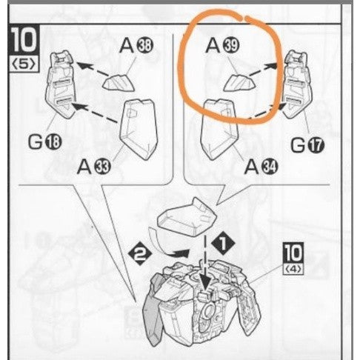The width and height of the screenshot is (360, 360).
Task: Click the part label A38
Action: tap(136, 46)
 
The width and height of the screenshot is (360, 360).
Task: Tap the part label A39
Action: tap(222, 45)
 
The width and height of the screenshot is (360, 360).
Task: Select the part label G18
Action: tap(44, 141)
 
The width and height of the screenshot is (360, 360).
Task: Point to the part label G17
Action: tap(307, 145)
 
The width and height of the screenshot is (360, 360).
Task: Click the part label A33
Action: tap(94, 167)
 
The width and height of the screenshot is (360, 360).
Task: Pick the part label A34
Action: tap(261, 166)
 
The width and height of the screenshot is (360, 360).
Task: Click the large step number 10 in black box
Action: tap(24, 41)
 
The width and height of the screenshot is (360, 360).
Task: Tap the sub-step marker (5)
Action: tap(24, 64)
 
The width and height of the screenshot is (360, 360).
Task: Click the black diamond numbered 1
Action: tap(223, 243)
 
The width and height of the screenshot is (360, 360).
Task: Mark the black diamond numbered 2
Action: tap(140, 254)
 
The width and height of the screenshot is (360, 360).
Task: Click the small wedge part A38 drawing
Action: tap(119, 83)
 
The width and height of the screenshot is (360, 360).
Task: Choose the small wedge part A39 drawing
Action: tap(239, 83)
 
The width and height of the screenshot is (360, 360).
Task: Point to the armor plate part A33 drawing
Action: tap(139, 130)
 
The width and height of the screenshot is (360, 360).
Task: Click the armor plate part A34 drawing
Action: tap(219, 130)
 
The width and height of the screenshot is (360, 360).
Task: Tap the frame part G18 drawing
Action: tap(61, 85)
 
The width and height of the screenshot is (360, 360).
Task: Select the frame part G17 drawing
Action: tap(297, 85)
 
